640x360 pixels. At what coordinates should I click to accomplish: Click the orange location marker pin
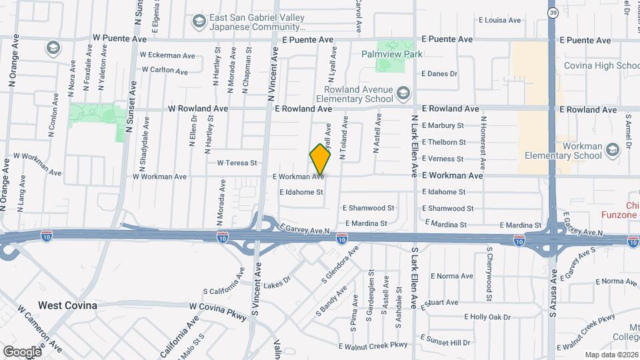pyautogui.click(x=321, y=159)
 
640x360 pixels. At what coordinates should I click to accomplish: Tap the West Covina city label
pyautogui.click(x=67, y=305)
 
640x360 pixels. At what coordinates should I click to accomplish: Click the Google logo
pyautogui.click(x=22, y=351)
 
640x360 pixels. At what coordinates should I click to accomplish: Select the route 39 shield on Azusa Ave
pyautogui.click(x=553, y=13)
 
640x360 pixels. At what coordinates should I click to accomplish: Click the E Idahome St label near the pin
pyautogui.click(x=301, y=192)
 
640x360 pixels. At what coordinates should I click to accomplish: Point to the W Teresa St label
pyautogui.click(x=237, y=163)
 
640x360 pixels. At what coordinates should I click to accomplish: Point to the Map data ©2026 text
pyautogui.click(x=611, y=355)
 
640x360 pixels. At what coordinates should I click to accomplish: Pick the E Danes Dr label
pyautogui.click(x=439, y=74)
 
